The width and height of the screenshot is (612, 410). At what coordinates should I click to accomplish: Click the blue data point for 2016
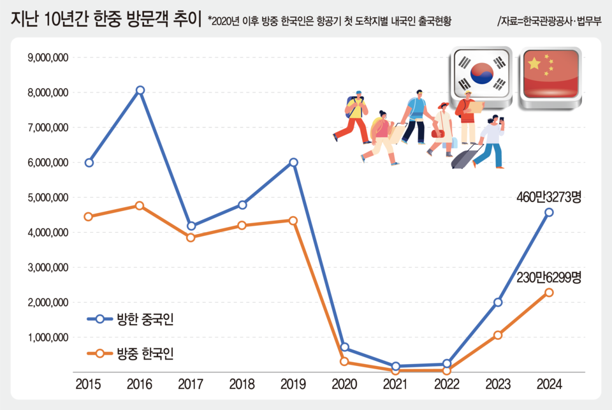(x=140, y=90)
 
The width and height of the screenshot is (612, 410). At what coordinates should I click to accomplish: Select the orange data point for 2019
(x=293, y=221)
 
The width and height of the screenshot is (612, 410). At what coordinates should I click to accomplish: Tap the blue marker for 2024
(x=549, y=212)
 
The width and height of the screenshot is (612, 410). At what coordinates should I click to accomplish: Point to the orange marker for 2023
(x=498, y=335)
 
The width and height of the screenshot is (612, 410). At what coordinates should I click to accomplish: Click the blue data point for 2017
(x=191, y=226)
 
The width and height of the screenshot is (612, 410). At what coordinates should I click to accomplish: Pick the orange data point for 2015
(x=89, y=217)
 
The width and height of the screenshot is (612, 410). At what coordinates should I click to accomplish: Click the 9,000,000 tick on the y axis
(x=48, y=58)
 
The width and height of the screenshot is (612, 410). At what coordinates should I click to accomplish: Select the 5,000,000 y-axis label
(x=48, y=198)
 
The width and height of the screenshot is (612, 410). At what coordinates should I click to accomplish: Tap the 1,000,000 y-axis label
(x=48, y=337)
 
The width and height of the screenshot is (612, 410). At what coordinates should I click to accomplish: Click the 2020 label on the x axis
(x=344, y=384)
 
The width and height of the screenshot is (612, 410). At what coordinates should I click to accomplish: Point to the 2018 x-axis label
(x=242, y=384)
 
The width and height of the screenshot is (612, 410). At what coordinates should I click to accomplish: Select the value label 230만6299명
(x=549, y=277)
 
